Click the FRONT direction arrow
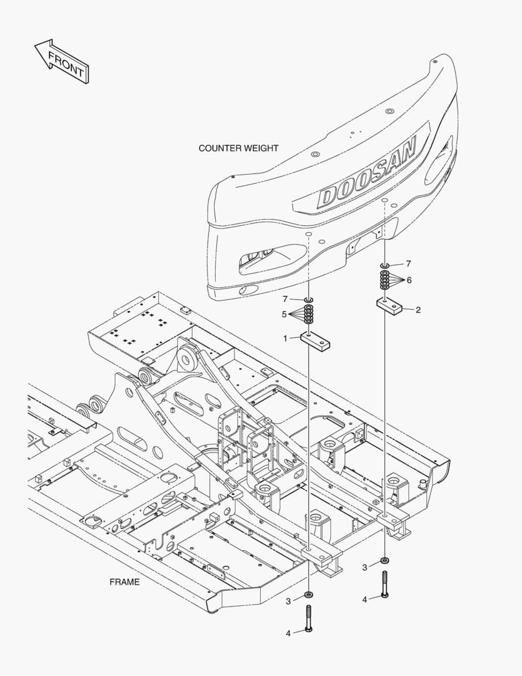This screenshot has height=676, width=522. [x=61, y=61]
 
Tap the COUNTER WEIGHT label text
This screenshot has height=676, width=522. [x=238, y=148]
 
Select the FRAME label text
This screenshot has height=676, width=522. [x=124, y=581]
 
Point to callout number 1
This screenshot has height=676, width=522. [x=286, y=338]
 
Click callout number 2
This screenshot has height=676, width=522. [x=418, y=309]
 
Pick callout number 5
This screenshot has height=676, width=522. [x=284, y=314]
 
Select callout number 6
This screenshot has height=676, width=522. [x=409, y=280]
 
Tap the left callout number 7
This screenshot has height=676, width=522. [x=284, y=299]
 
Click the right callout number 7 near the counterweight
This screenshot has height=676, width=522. [x=408, y=264]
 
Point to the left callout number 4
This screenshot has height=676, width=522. [x=288, y=633]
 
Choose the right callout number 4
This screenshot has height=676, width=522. [x=364, y=600]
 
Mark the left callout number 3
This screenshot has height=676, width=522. [x=288, y=602]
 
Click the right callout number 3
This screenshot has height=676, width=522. [x=364, y=568]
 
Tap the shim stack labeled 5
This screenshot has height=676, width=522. [x=308, y=313]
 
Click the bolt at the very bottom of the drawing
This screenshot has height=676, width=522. [x=309, y=620]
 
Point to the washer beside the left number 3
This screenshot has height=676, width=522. [x=309, y=593]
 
